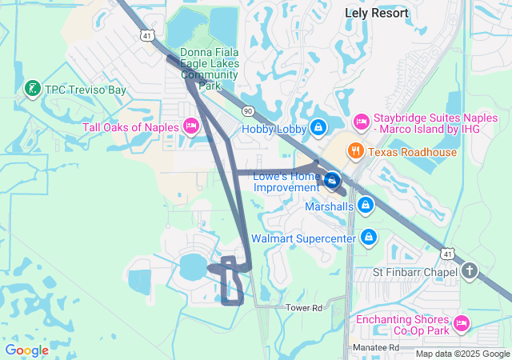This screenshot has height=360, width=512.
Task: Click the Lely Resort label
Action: pos(376,13)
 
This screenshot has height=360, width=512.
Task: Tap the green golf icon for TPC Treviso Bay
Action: pos(33,90)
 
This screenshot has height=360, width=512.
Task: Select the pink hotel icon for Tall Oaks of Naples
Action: pos(190,126)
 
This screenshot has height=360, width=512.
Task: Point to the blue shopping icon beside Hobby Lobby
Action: pos(318,127)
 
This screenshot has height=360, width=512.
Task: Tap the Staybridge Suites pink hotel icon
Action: pos(360,122)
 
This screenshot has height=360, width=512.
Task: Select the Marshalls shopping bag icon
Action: pos(365,206)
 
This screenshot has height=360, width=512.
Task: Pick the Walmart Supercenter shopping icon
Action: pos(369,238)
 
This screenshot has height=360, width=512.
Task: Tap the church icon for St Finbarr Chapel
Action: pos(469,272)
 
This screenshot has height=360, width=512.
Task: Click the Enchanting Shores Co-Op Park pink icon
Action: pos(461,324)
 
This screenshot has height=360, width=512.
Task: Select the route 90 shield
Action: pos(248,110)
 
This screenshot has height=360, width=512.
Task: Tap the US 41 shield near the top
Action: pos(146,35)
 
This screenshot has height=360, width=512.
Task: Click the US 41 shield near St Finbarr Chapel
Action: pos(448,254)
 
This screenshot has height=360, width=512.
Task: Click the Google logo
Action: pos(27,350)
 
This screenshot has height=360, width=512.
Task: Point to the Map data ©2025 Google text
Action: pos(462,354)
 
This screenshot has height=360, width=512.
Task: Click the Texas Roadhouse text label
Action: pos(413,152)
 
